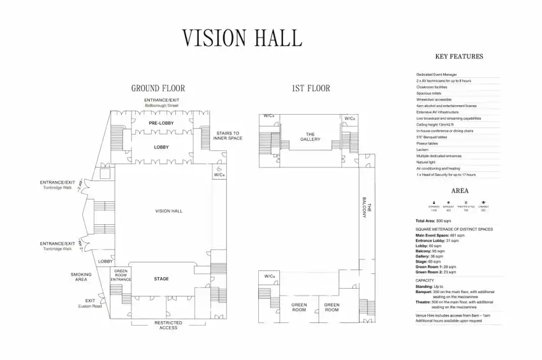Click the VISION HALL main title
pos(242,38)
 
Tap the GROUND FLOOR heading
pos(158,89)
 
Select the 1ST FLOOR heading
pos(311,89)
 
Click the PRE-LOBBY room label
pos(161,122)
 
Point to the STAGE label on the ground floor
pos(161,279)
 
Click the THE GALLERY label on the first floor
pos(311,136)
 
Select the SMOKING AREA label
pos(81,277)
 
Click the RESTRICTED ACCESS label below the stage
pos(168,325)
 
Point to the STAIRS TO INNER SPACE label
pos(228,136)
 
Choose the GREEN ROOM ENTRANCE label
pos(121,275)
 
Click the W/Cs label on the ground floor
pos(219,175)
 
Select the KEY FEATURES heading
pos(458,57)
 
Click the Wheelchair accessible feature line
pos(434,99)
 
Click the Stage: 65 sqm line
pos(429,262)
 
